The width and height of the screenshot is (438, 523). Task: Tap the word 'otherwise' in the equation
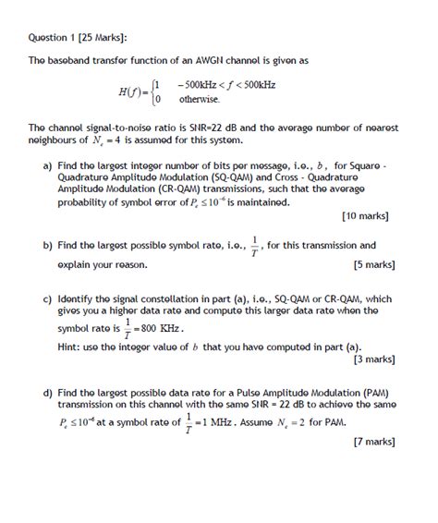click(x=199, y=99)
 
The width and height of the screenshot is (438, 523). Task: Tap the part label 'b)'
click(x=47, y=246)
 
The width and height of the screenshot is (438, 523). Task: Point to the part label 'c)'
click(x=47, y=299)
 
